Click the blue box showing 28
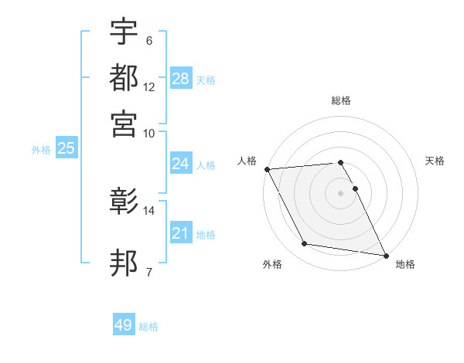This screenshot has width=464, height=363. (x=181, y=79)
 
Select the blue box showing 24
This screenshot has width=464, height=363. (x=181, y=164)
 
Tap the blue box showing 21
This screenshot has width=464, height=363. (x=181, y=233)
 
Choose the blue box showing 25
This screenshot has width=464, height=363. (x=67, y=148)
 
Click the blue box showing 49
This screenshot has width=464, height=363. (x=124, y=325)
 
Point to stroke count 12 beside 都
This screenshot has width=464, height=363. (x=149, y=87)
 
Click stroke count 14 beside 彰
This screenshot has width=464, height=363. (x=149, y=210)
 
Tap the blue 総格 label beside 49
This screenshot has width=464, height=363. (x=149, y=327)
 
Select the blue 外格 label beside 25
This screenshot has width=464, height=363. (x=41, y=150)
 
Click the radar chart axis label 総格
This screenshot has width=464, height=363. (x=341, y=100)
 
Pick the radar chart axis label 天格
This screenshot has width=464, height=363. (x=435, y=161)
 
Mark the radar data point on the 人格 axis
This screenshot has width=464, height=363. (x=267, y=169)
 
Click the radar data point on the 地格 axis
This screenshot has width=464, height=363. (x=385, y=254)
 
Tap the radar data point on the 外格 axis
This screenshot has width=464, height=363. (x=305, y=244)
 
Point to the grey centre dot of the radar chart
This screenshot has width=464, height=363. (x=341, y=193)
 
